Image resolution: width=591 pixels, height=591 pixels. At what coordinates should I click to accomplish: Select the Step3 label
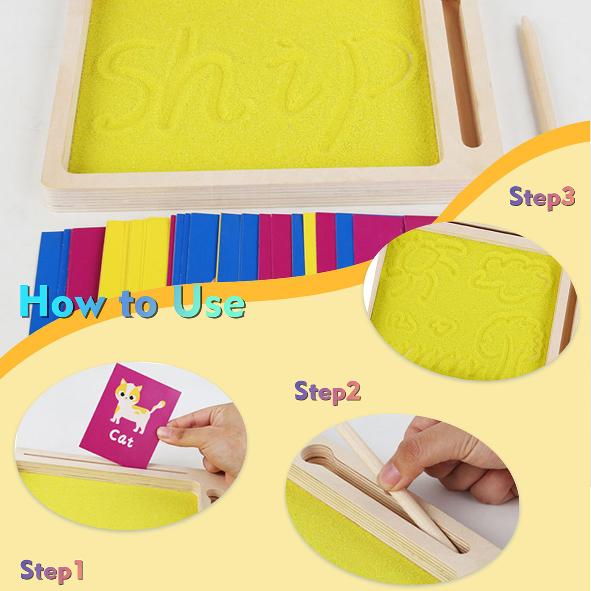tap(542, 198)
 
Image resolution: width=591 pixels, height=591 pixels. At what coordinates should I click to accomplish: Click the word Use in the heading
tap(210, 302)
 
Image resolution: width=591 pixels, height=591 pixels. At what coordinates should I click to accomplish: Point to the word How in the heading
tap(63, 302)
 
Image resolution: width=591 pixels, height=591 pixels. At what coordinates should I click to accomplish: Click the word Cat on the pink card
tap(122, 439)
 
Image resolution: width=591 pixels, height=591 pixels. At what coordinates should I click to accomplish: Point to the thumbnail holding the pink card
tap(163, 432)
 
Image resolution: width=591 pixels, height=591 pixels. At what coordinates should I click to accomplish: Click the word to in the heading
tap(139, 304)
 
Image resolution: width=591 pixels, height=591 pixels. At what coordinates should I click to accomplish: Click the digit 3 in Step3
tap(568, 197)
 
